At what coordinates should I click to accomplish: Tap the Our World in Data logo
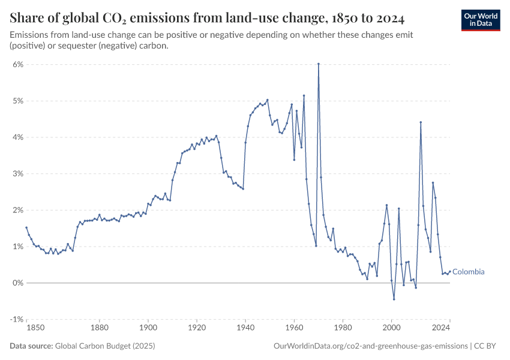[x=480, y=20]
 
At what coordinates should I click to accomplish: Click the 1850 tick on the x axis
[x=35, y=328]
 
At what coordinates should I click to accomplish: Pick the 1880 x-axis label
[x=100, y=328]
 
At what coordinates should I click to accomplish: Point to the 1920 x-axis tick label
[x=197, y=328]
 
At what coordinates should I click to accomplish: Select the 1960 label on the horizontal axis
[x=294, y=328]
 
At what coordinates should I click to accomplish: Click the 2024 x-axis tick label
[x=442, y=328]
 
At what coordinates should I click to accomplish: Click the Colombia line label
[x=468, y=272]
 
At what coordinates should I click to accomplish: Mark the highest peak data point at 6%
[x=319, y=64]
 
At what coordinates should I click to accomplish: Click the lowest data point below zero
[x=394, y=299]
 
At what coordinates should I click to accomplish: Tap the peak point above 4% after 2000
[x=421, y=122]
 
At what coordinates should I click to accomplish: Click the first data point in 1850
[x=26, y=227]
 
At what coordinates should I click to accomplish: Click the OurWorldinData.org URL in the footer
[x=370, y=346]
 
